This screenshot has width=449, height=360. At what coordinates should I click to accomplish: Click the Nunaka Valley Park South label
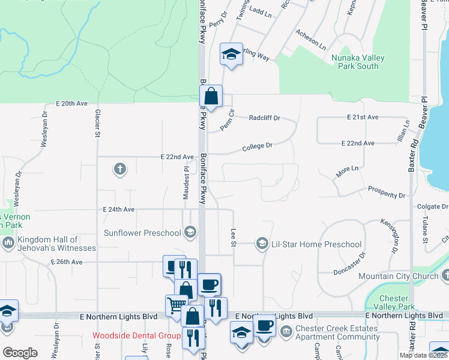coord(355,62)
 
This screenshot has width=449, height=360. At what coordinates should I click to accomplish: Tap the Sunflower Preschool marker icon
coord(190,232)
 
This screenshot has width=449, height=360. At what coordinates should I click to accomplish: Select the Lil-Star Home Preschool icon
coord(262,244)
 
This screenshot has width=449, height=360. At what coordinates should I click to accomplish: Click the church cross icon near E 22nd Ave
coord(119,169)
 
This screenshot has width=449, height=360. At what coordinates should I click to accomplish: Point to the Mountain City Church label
coord(398,276)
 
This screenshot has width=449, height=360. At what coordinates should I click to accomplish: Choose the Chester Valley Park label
coord(394,302)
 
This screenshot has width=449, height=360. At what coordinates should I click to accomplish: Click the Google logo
coord(20,352)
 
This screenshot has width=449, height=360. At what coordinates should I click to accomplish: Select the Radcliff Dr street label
coord(265,118)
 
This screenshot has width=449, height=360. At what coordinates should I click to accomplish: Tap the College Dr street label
coord(258,146)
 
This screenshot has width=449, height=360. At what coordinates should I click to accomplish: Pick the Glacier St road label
coord(97,124)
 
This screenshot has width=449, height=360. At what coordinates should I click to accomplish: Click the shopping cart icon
coord(175,305)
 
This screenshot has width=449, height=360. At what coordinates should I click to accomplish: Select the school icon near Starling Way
coord(231,54)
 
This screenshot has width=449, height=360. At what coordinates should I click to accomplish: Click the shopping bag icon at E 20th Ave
coord(211,96)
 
